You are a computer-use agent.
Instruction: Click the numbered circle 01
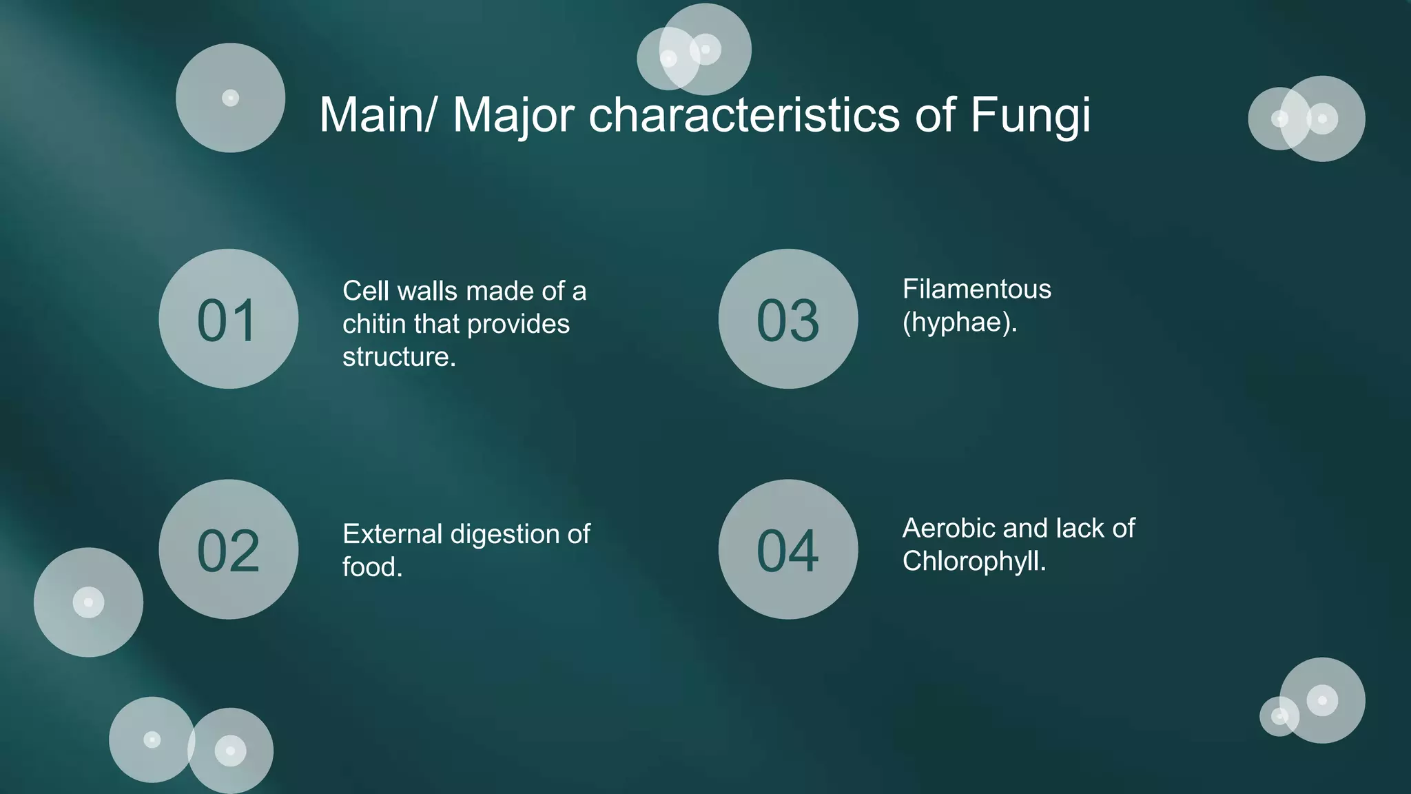coord(228,319)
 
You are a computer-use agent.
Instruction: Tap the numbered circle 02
coord(228,549)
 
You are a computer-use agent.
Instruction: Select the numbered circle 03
coord(788,319)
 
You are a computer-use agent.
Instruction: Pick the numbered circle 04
coord(788,549)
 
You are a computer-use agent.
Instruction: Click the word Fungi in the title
coord(1030,115)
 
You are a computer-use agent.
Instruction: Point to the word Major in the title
coord(513,115)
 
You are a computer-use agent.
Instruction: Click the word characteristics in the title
coord(744,115)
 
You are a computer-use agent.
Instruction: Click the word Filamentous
coord(977,289)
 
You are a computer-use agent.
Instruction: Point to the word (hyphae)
coord(960,323)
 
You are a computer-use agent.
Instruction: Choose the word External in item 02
coord(392,534)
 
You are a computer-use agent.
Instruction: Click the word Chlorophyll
coord(974,562)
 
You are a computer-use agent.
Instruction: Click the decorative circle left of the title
coord(230,98)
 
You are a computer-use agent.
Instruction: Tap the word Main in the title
coord(377,115)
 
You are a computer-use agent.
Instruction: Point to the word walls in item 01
coord(431,291)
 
